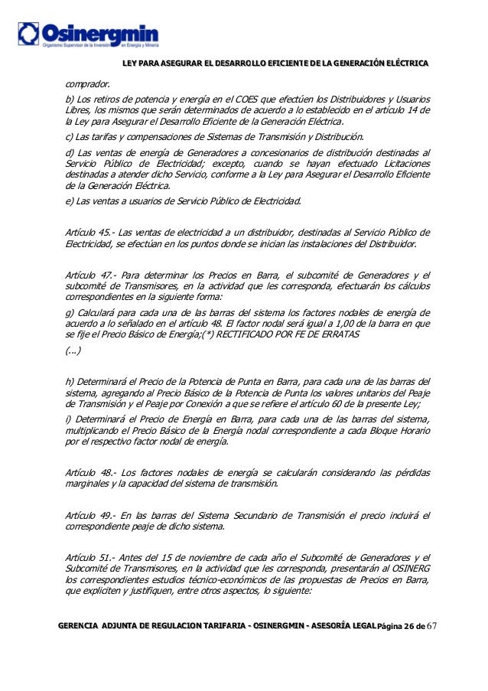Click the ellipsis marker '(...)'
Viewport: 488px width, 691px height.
tap(73, 352)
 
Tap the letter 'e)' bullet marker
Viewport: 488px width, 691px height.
tap(70, 201)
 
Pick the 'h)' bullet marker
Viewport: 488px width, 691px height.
tap(70, 381)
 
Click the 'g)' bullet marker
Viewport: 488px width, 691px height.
tap(70, 312)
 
